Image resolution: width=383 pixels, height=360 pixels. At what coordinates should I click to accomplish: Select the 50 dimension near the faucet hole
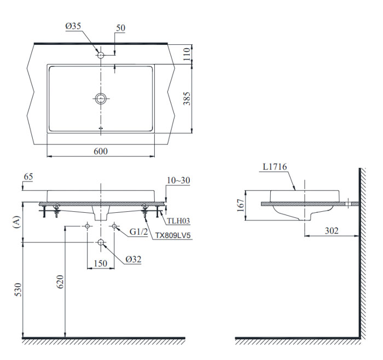pos(120,28)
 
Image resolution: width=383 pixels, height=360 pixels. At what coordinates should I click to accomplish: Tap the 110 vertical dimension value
pos(186,54)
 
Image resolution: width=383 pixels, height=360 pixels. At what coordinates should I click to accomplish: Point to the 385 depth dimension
pos(186,98)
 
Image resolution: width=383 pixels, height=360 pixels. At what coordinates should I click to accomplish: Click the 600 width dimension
pos(100,151)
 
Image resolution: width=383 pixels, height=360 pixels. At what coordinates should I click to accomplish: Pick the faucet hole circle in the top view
pos(101,55)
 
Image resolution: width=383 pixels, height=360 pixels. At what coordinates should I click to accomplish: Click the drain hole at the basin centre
pos(101,98)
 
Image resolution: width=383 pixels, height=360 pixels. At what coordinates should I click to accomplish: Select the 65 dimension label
pos(28,177)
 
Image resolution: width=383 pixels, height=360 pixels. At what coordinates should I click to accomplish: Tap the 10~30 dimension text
pos(179,180)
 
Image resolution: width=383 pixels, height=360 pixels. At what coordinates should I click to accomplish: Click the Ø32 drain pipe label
pos(133,259)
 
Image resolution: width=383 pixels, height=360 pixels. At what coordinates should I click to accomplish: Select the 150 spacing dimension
pos(100,263)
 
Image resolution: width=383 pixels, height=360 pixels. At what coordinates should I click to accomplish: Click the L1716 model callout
pos(275,166)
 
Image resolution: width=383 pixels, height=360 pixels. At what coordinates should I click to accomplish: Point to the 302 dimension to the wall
pos(330,231)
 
